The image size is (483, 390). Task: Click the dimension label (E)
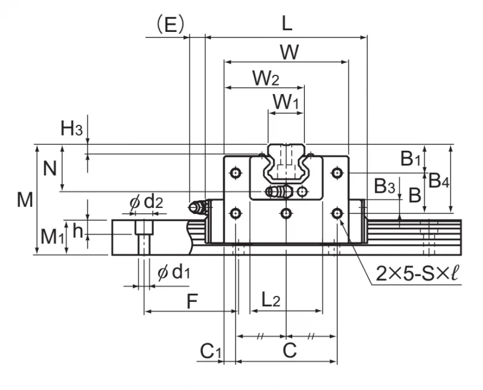[x=170, y=25]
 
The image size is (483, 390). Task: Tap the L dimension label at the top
[x=287, y=24]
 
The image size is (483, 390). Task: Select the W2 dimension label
[x=266, y=78]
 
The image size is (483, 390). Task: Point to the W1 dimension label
[x=286, y=102]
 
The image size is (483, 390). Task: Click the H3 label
[x=71, y=128]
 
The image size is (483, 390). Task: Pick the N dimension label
[x=50, y=169]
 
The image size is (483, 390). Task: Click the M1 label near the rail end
[x=52, y=237]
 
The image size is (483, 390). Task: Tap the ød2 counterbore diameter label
[x=146, y=203]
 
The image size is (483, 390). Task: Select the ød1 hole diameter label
[x=173, y=272]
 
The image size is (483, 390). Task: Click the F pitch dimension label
[x=192, y=301]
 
